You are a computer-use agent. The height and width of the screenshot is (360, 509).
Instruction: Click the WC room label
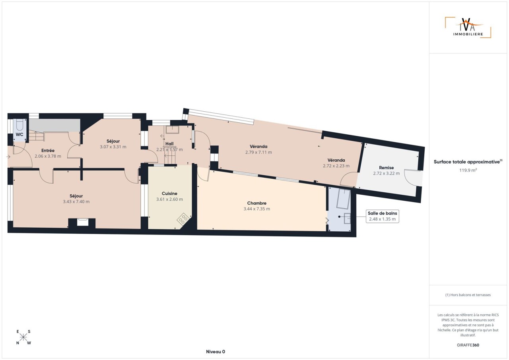pyautogui.click(x=19, y=134)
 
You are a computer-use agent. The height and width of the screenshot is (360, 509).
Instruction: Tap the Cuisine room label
pyautogui.click(x=169, y=194)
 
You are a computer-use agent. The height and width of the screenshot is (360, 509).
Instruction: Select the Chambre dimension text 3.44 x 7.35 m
pyautogui.click(x=257, y=209)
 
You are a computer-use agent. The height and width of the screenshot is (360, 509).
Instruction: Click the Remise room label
pyautogui.click(x=386, y=168)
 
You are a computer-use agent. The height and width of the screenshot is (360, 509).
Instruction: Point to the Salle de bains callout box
pyautogui.click(x=383, y=216)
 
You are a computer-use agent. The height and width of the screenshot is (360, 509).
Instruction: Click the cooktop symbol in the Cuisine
pyautogui.click(x=183, y=219)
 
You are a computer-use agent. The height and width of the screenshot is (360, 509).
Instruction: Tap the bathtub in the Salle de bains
pyautogui.click(x=343, y=199)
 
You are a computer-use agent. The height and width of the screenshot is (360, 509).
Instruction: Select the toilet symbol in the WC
pyautogui.click(x=20, y=125)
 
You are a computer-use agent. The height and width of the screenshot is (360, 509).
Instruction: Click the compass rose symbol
pyautogui.click(x=23, y=337)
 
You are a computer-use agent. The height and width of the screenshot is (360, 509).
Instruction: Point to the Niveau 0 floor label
pyautogui.click(x=216, y=352)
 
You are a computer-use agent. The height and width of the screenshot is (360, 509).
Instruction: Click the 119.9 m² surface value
pyautogui.click(x=468, y=170)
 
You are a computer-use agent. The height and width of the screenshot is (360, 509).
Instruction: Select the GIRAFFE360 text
pyautogui.click(x=468, y=345)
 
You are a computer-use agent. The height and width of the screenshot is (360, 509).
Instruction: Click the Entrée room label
pyautogui.click(x=48, y=150)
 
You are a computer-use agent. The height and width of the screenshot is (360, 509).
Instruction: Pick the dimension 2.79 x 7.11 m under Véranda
pyautogui.click(x=258, y=152)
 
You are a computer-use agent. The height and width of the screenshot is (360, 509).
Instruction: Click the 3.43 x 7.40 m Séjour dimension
pyautogui.click(x=76, y=201)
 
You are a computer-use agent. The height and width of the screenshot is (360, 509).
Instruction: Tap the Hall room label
pyautogui.click(x=169, y=144)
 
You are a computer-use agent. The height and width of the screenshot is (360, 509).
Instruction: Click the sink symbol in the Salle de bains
pyautogui.click(x=347, y=219)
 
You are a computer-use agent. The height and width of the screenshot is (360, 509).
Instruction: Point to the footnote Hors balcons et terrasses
pyautogui.click(x=468, y=295)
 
